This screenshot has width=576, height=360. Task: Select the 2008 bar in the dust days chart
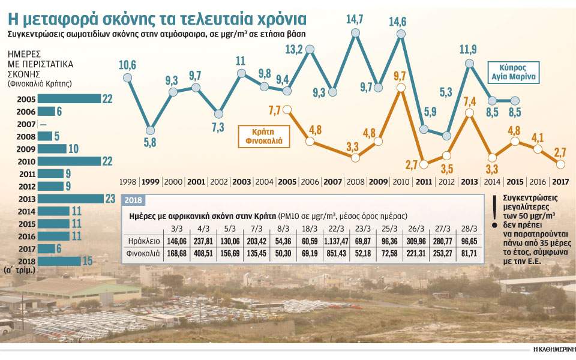(44, 136)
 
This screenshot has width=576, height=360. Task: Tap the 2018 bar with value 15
(59, 260)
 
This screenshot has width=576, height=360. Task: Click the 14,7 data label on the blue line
(356, 19)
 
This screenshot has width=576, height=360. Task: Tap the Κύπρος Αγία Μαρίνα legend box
(515, 71)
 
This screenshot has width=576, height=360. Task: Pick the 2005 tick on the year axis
(287, 181)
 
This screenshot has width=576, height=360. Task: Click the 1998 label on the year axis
(127, 181)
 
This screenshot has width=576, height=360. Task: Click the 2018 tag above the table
(133, 200)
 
